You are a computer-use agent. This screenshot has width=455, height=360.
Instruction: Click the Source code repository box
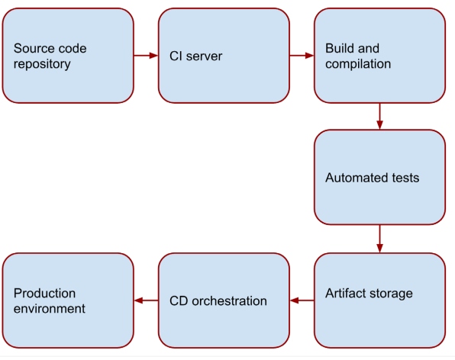(x=68, y=56)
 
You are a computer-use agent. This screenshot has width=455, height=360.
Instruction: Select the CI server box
(x=224, y=56)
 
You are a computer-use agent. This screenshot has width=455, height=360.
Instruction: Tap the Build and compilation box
(x=379, y=56)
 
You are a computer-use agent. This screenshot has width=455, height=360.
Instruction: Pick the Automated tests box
(x=379, y=177)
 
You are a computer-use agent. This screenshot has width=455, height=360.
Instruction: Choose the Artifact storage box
(x=379, y=301)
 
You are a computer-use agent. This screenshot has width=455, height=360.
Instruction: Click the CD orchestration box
(x=224, y=301)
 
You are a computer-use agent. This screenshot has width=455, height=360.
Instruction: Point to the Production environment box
(x=68, y=301)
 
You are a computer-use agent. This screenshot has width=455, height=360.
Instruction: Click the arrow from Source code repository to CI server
(x=146, y=56)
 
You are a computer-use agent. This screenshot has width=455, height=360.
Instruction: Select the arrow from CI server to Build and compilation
(x=302, y=56)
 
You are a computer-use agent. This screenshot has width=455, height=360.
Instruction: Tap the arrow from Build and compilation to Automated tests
(x=379, y=116)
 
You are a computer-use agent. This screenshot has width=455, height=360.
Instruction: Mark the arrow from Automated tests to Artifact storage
(x=379, y=239)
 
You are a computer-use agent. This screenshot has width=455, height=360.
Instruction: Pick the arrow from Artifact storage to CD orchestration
(x=302, y=301)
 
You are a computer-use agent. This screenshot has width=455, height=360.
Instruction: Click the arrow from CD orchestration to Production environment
(x=146, y=301)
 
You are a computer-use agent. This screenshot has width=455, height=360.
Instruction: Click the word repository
(x=42, y=64)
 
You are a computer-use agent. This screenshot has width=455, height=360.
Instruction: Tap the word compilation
(x=358, y=64)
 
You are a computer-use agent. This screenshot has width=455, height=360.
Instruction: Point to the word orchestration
(x=229, y=301)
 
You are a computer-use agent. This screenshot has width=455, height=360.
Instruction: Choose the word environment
(x=50, y=309)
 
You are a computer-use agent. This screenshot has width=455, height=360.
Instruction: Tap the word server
(x=204, y=56)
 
